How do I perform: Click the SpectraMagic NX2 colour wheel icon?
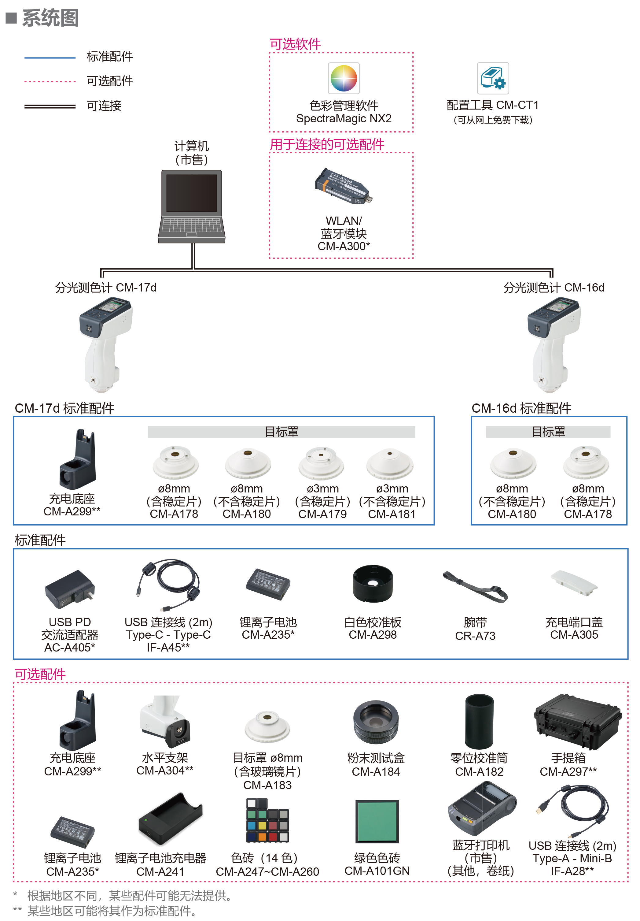pos(344,78)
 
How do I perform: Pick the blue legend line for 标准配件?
pos(50,58)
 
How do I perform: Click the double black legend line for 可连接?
pos(50,106)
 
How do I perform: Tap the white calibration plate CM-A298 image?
pos(373,584)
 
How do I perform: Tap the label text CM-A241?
pos(160,871)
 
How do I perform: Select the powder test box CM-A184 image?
pos(376,722)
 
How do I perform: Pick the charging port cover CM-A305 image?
pos(574,584)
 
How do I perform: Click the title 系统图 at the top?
pos(50,18)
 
